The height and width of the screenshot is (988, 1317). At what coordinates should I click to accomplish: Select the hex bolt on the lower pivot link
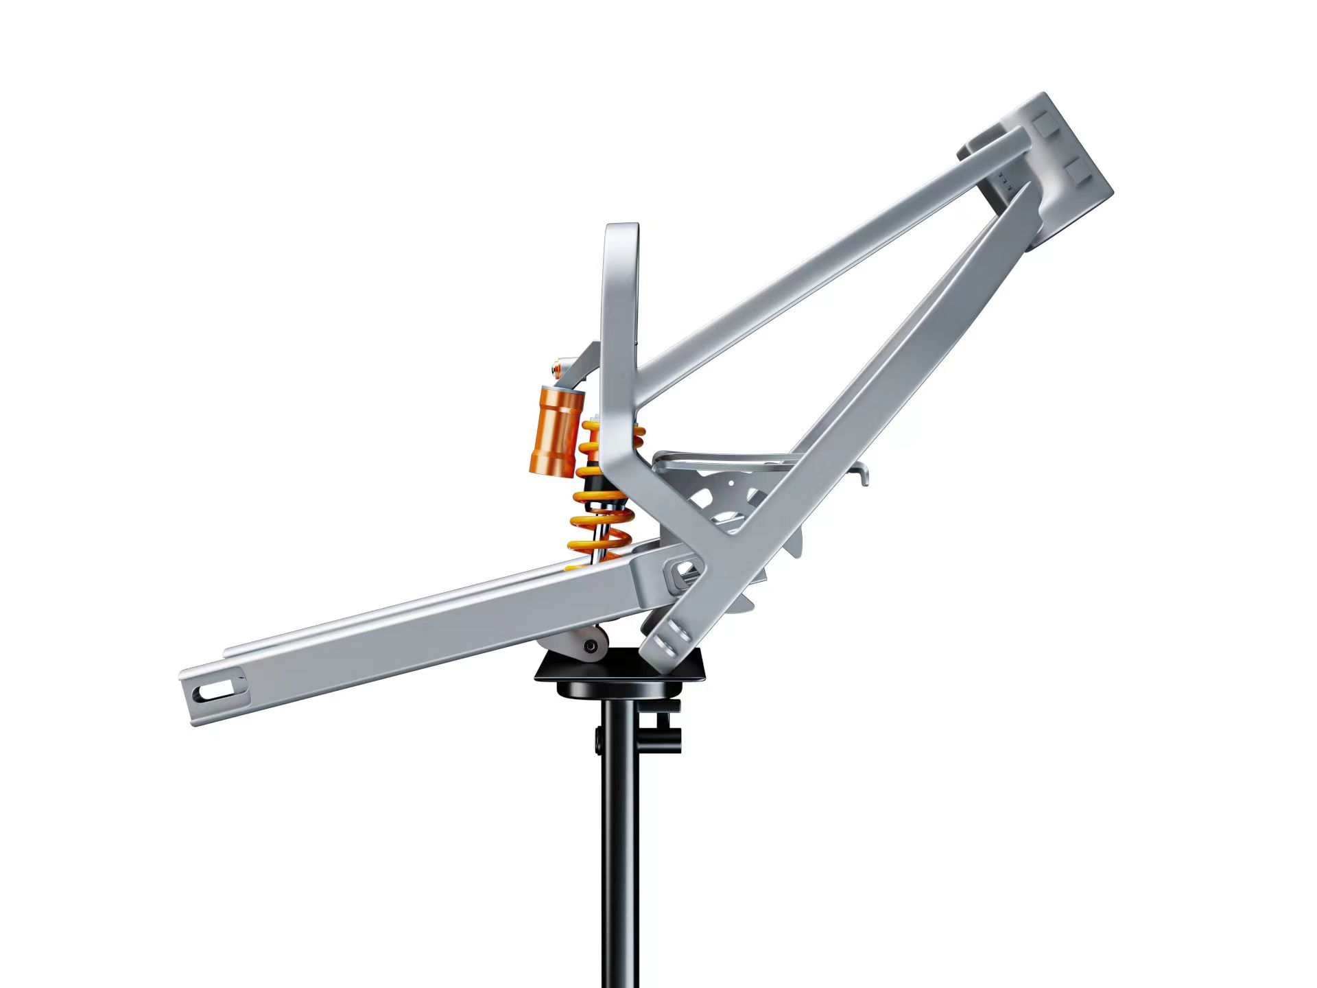point(589,646)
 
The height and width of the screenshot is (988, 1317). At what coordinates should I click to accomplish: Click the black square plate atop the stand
point(621,667)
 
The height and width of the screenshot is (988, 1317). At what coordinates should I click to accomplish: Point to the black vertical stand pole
point(619,858)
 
